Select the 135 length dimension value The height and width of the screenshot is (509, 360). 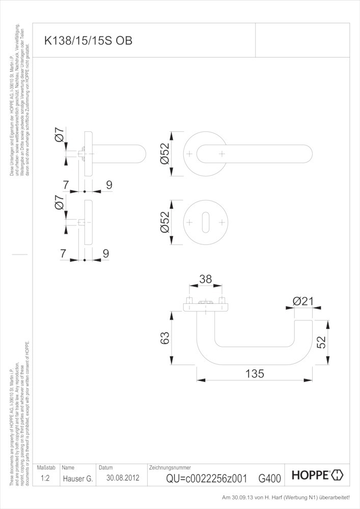[x=255, y=374]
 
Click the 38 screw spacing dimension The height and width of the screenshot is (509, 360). [x=205, y=279]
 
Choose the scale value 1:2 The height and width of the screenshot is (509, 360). [x=46, y=478]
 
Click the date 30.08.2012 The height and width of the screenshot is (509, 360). [x=123, y=478]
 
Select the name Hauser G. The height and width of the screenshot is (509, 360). [x=77, y=478]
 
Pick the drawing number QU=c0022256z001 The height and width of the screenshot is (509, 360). [x=207, y=478]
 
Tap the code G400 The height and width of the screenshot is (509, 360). [x=269, y=478]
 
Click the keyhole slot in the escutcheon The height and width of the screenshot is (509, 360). [x=206, y=222]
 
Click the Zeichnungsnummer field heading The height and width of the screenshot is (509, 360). [x=170, y=467]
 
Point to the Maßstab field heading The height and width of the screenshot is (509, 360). [x=46, y=467]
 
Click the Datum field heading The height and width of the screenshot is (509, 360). [x=106, y=467]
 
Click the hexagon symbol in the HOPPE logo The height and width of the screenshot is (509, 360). [x=337, y=476]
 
